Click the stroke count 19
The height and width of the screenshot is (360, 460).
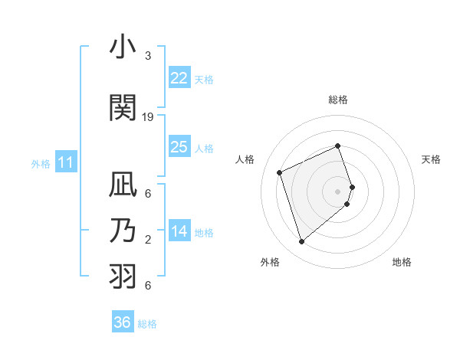click(149, 117)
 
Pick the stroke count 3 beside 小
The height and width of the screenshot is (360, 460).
click(148, 56)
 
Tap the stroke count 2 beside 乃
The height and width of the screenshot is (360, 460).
click(148, 240)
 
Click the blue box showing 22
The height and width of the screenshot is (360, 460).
click(179, 78)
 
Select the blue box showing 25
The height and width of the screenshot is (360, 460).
click(179, 147)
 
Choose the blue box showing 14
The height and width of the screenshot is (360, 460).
click(179, 232)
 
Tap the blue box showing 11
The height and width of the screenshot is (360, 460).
click(65, 162)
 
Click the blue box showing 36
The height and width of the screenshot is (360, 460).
click(123, 322)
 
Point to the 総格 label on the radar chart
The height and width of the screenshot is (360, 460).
click(338, 100)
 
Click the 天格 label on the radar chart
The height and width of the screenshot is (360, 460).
click(431, 159)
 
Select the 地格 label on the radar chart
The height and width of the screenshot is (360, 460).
click(402, 262)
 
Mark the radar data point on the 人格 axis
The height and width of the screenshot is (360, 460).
click(280, 172)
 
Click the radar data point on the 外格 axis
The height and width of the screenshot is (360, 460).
click(301, 242)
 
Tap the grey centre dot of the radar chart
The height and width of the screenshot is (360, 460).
click(338, 191)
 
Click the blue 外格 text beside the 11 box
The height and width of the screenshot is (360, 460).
click(41, 163)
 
